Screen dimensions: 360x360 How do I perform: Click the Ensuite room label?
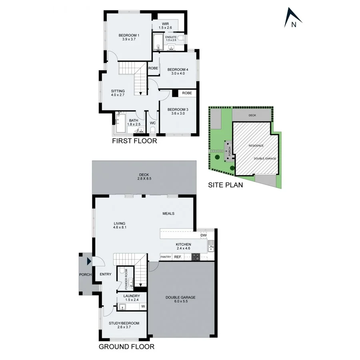171,38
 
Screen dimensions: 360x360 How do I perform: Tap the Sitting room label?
118,93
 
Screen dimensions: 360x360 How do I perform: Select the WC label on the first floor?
153,123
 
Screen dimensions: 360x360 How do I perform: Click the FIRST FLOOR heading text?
134,141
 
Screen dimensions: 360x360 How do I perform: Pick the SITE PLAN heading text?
225,185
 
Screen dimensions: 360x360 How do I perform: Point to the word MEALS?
168,214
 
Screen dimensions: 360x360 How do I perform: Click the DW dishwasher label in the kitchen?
204,236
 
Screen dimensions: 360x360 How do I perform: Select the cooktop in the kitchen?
196,257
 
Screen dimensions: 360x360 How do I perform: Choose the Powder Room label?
126,279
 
